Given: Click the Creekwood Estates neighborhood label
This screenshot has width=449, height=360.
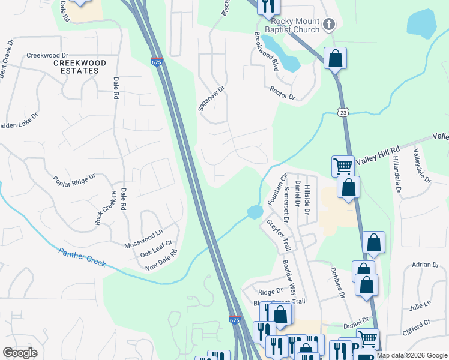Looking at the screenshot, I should [80, 67].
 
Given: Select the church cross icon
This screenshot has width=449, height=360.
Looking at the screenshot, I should [328, 25].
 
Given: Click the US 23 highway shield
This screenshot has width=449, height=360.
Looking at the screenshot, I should [342, 112].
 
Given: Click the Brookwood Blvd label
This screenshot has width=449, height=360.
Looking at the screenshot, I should [266, 52].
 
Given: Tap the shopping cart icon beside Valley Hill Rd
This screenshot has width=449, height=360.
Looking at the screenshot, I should [343, 166].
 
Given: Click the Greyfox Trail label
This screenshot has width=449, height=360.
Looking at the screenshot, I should [279, 235].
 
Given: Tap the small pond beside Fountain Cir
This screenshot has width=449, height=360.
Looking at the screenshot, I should [254, 212].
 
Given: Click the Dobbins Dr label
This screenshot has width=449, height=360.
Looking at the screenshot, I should [337, 282].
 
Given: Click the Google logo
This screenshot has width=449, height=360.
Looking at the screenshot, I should [20, 352].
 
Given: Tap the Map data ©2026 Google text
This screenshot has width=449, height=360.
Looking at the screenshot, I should [412, 355].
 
